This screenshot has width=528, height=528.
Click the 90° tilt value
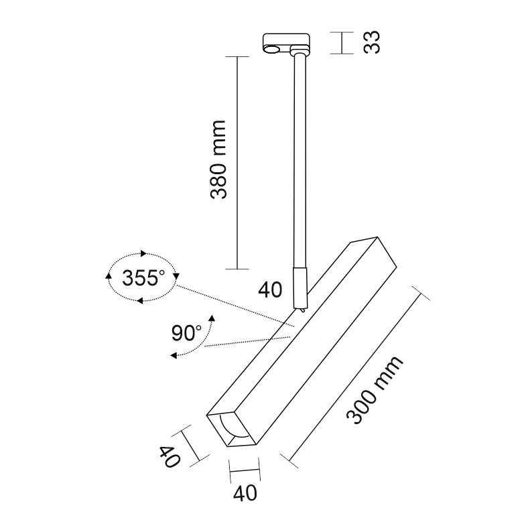(186, 332)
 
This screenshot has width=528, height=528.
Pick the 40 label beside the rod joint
(271, 290)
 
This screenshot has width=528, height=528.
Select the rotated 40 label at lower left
(168, 458)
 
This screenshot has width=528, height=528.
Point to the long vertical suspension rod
(297, 161)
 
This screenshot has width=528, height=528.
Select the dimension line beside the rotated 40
(193, 446)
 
